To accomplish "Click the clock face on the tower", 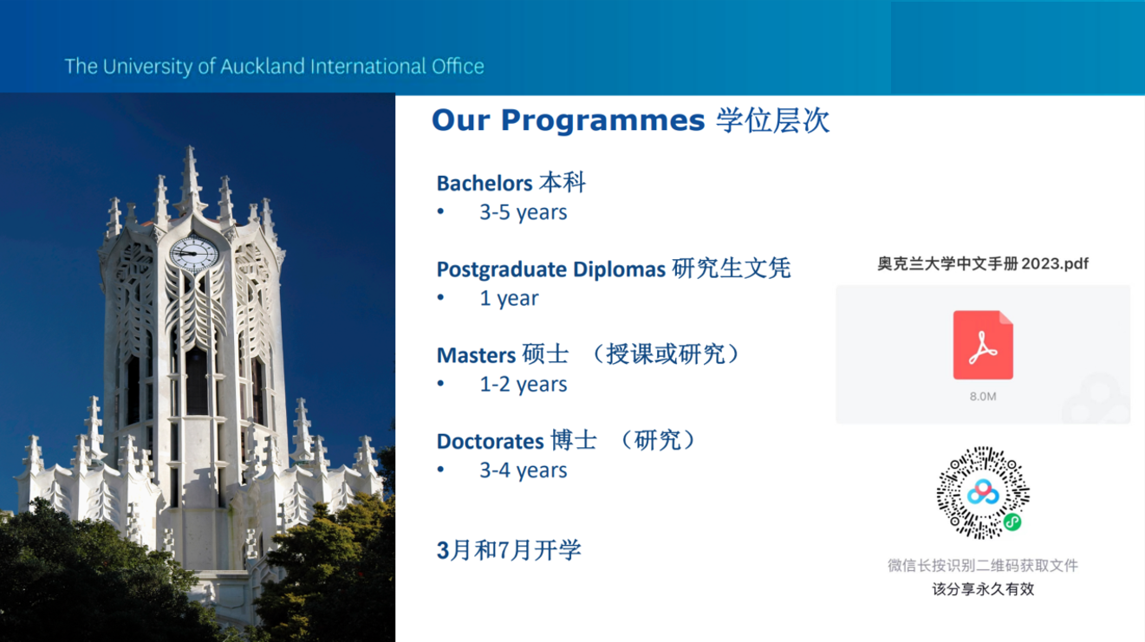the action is pos(194,254).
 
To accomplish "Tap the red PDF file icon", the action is pos(982,345).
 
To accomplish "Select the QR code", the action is pos(983,493).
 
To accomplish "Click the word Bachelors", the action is pos(485,184).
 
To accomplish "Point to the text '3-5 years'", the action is pos(523,212).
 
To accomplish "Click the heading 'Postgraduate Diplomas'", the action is pos(551,269).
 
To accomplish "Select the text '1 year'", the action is pos(509,298).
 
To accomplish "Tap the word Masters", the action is pos(476,355).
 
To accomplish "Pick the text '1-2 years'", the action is pos(523,384).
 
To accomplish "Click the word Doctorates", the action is pos(490,441).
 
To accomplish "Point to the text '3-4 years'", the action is pos(523,470).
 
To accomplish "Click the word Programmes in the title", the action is pos(602,121).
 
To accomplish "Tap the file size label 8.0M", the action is pos(982,396).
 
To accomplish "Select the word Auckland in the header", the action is pos(263,67).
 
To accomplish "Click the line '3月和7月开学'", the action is pos(509,550).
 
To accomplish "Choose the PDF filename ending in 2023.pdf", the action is pos(982,263).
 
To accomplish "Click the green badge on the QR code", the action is pos(1012,522).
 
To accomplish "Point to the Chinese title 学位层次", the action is pos(772,121).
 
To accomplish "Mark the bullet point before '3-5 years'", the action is pos(440,211).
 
